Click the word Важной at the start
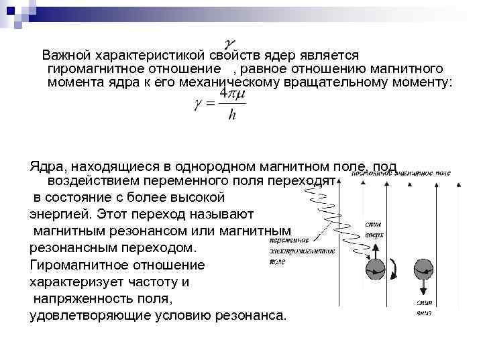click(66, 55)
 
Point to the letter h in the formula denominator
click(232, 116)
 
